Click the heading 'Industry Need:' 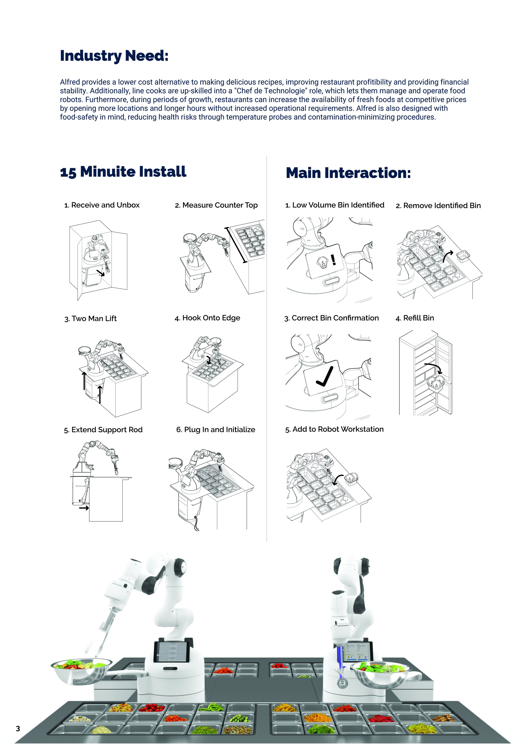click(x=114, y=56)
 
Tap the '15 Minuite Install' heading click(x=123, y=172)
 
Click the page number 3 click(x=18, y=729)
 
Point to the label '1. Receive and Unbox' click(x=102, y=205)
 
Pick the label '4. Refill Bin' click(x=415, y=318)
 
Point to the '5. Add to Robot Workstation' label click(x=334, y=429)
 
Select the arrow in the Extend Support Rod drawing click(x=84, y=508)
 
